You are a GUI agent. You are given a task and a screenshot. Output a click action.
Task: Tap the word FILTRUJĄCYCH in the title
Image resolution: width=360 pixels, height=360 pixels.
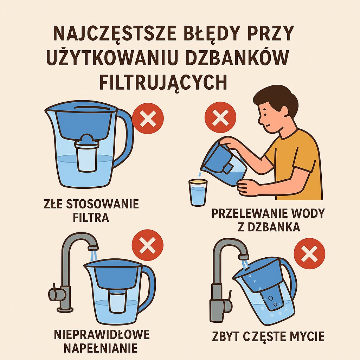coord(163,82)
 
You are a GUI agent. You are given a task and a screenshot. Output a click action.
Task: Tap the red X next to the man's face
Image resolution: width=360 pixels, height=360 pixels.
coord(220,117)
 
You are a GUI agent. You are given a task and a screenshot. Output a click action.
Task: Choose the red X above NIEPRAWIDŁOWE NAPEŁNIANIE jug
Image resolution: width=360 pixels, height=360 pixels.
coord(147,245)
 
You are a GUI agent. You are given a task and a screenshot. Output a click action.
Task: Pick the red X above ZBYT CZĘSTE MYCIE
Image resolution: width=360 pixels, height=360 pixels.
coord(309,254)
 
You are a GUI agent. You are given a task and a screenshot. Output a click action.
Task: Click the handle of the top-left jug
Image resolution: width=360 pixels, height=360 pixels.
coord(125,137)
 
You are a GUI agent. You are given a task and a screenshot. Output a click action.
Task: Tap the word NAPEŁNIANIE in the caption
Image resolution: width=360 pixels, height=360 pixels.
coord(101,348)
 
